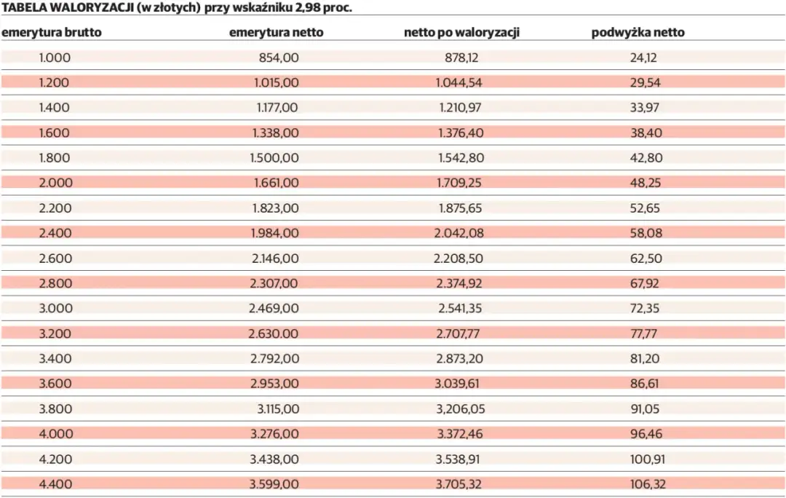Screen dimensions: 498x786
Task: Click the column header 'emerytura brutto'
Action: click(52, 33)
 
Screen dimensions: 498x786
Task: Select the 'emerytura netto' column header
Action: click(276, 33)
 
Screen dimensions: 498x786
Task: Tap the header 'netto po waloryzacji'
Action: click(461, 33)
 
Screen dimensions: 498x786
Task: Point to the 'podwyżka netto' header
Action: click(638, 33)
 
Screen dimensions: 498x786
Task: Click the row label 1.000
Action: click(55, 58)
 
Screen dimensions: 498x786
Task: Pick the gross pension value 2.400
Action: click(55, 233)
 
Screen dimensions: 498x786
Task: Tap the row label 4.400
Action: click(55, 484)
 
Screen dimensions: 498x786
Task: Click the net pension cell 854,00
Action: click(279, 58)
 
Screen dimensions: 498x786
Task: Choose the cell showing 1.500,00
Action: click(274, 158)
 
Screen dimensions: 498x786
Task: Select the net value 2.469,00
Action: click(274, 309)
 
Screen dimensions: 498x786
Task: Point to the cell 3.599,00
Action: click(274, 484)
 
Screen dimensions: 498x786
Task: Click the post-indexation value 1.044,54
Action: click(458, 83)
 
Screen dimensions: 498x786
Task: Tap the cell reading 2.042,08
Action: click(458, 233)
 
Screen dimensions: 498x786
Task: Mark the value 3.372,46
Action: click(458, 434)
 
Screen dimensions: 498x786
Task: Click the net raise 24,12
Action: click(643, 58)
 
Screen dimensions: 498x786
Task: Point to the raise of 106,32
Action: click(648, 484)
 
